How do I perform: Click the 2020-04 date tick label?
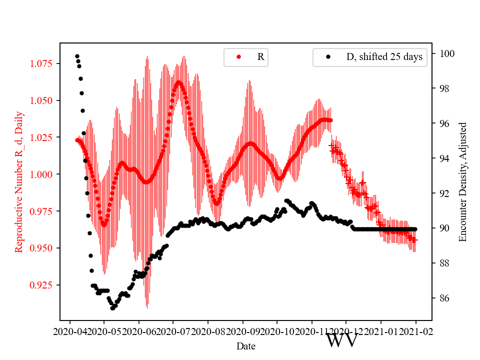click(69, 331)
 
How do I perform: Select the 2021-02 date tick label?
click(415, 331)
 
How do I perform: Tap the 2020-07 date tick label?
click(173, 331)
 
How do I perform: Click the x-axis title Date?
click(246, 346)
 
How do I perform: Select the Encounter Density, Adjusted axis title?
click(463, 181)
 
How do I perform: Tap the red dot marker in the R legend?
click(238, 57)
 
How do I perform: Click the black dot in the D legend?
click(328, 57)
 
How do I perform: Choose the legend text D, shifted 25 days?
click(384, 57)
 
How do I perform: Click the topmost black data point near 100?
click(77, 56)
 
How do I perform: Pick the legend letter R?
click(260, 57)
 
